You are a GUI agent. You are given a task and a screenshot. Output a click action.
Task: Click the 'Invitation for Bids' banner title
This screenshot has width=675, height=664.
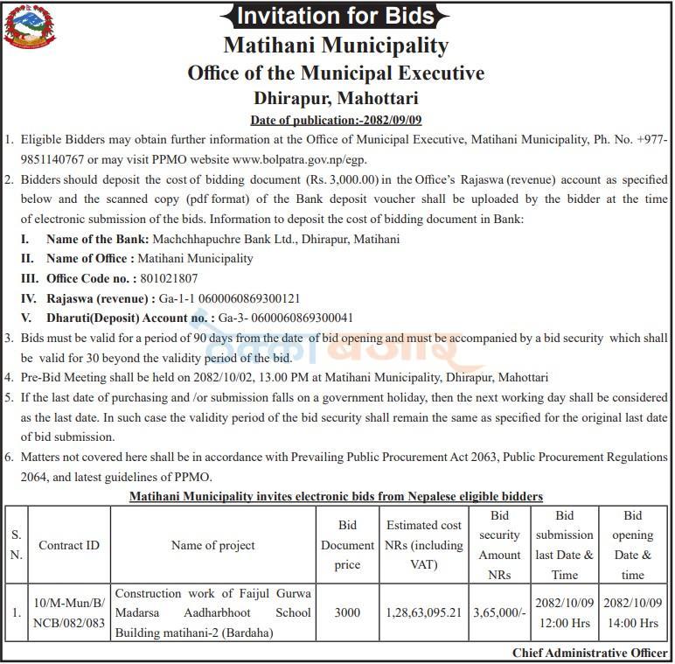coord(336,16)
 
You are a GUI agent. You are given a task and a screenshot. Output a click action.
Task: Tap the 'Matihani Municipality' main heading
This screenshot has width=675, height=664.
coord(336,45)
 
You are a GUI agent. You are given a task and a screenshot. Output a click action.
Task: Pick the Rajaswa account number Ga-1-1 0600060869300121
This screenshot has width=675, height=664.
coord(234,298)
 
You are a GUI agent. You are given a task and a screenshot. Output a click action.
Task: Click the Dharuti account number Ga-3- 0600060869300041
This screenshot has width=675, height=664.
coord(286,318)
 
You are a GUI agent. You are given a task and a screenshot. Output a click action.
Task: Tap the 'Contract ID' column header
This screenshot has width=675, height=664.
coord(69,545)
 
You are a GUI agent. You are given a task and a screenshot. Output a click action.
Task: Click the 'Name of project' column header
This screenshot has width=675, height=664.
coord(212,545)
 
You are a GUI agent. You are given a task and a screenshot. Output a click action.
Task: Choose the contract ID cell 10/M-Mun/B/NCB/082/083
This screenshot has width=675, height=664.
coord(69,613)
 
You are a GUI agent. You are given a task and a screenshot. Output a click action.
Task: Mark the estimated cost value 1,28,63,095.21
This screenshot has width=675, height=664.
coord(424,613)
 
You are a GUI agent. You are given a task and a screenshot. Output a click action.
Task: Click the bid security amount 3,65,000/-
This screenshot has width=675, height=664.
coord(499,613)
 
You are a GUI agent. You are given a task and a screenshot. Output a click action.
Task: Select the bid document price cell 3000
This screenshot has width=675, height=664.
coord(347,613)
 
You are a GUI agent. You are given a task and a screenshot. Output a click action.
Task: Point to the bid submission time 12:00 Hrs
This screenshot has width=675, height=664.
coord(565,624)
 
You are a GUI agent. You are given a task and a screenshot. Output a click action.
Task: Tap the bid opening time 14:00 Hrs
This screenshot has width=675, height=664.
coord(633,624)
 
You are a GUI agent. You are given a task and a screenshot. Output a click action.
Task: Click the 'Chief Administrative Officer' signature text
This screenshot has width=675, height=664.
coord(590,654)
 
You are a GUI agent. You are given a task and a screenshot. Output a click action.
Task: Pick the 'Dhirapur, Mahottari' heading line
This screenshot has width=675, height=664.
coord(336,98)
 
